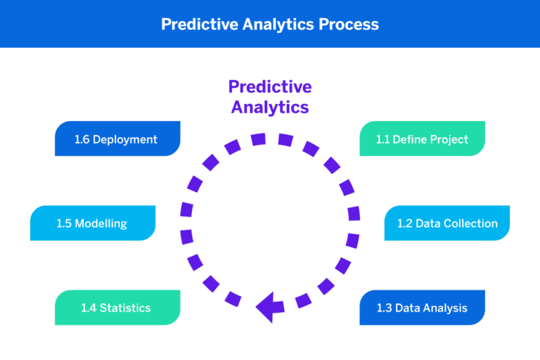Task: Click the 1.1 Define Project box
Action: coord(422,139)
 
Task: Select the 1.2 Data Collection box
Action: coord(447,223)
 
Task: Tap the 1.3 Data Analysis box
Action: coord(422,307)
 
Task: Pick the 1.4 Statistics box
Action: coord(117,307)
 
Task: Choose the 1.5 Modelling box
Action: coord(92,223)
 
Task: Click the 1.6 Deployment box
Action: coord(117,139)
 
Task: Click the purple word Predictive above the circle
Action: coord(270,86)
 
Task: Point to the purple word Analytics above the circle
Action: coord(270,108)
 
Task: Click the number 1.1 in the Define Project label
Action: coord(382,139)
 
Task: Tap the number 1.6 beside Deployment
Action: coord(82,139)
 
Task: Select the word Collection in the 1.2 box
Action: coord(470,224)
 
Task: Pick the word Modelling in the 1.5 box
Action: coord(101,224)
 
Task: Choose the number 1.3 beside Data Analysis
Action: coord(383,308)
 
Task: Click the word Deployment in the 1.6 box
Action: coord(125,139)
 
